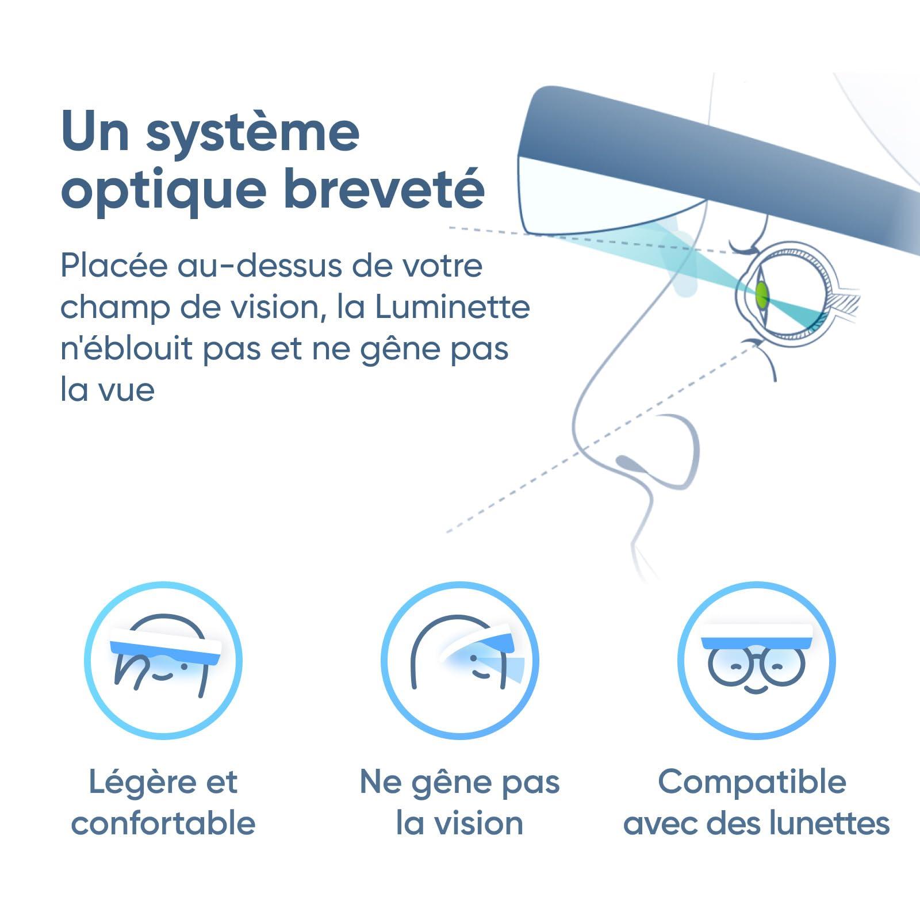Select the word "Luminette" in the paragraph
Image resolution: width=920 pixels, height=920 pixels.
pos(452,307)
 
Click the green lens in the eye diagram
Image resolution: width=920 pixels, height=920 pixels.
pos(762,294)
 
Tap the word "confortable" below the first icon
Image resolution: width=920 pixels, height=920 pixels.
pos(163,823)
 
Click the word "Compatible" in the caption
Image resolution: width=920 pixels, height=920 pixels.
pos(752,782)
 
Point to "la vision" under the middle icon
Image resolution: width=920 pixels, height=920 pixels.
pos(460,823)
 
